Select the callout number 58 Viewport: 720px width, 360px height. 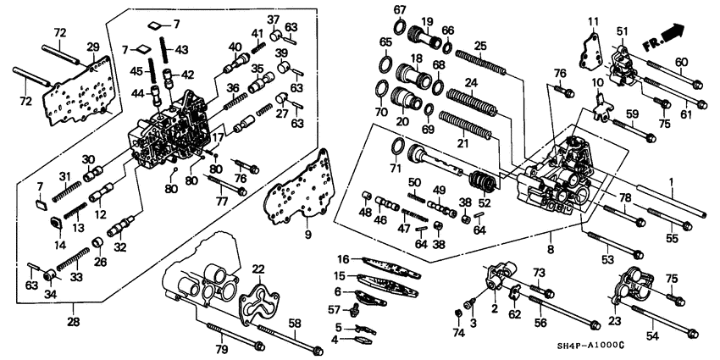click(x=295, y=322)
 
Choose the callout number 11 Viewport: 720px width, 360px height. click(x=593, y=19)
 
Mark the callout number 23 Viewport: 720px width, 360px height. click(x=616, y=320)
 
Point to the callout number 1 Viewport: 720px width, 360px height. click(x=672, y=181)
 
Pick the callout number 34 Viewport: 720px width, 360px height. click(x=52, y=295)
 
